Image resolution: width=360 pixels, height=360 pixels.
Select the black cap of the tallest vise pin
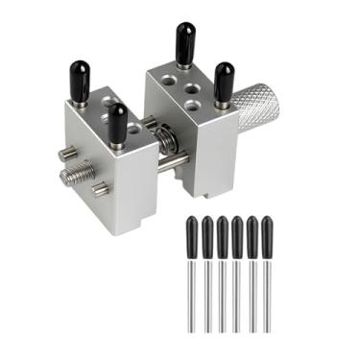[181, 44]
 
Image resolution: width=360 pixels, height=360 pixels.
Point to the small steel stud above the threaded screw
[68, 154]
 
